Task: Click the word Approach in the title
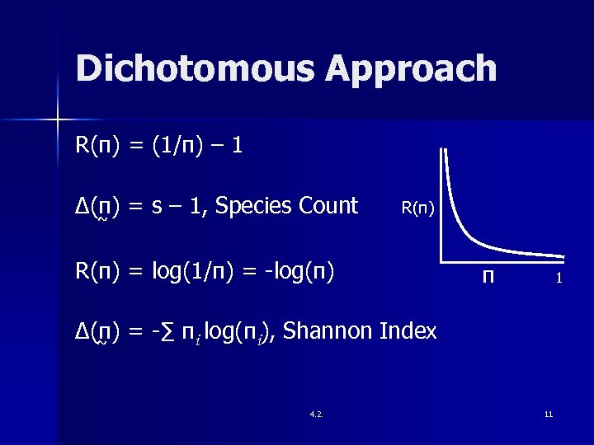click(412, 71)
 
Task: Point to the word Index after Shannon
click(408, 331)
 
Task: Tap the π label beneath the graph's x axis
click(489, 278)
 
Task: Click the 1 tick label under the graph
click(559, 279)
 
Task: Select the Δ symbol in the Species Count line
click(82, 205)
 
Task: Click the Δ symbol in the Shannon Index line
click(82, 332)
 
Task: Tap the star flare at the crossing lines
click(58, 120)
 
